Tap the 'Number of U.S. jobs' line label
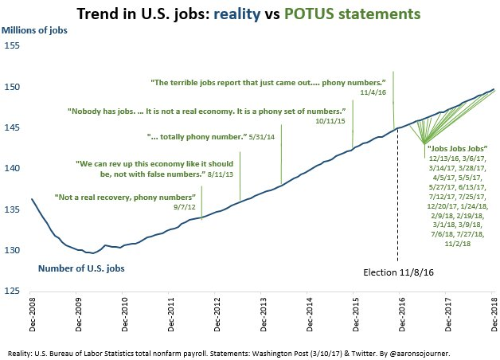(81, 268)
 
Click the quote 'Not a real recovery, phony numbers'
(124, 196)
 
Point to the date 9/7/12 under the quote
(184, 206)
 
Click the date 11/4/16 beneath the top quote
(373, 92)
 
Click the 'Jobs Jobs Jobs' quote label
(455, 148)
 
